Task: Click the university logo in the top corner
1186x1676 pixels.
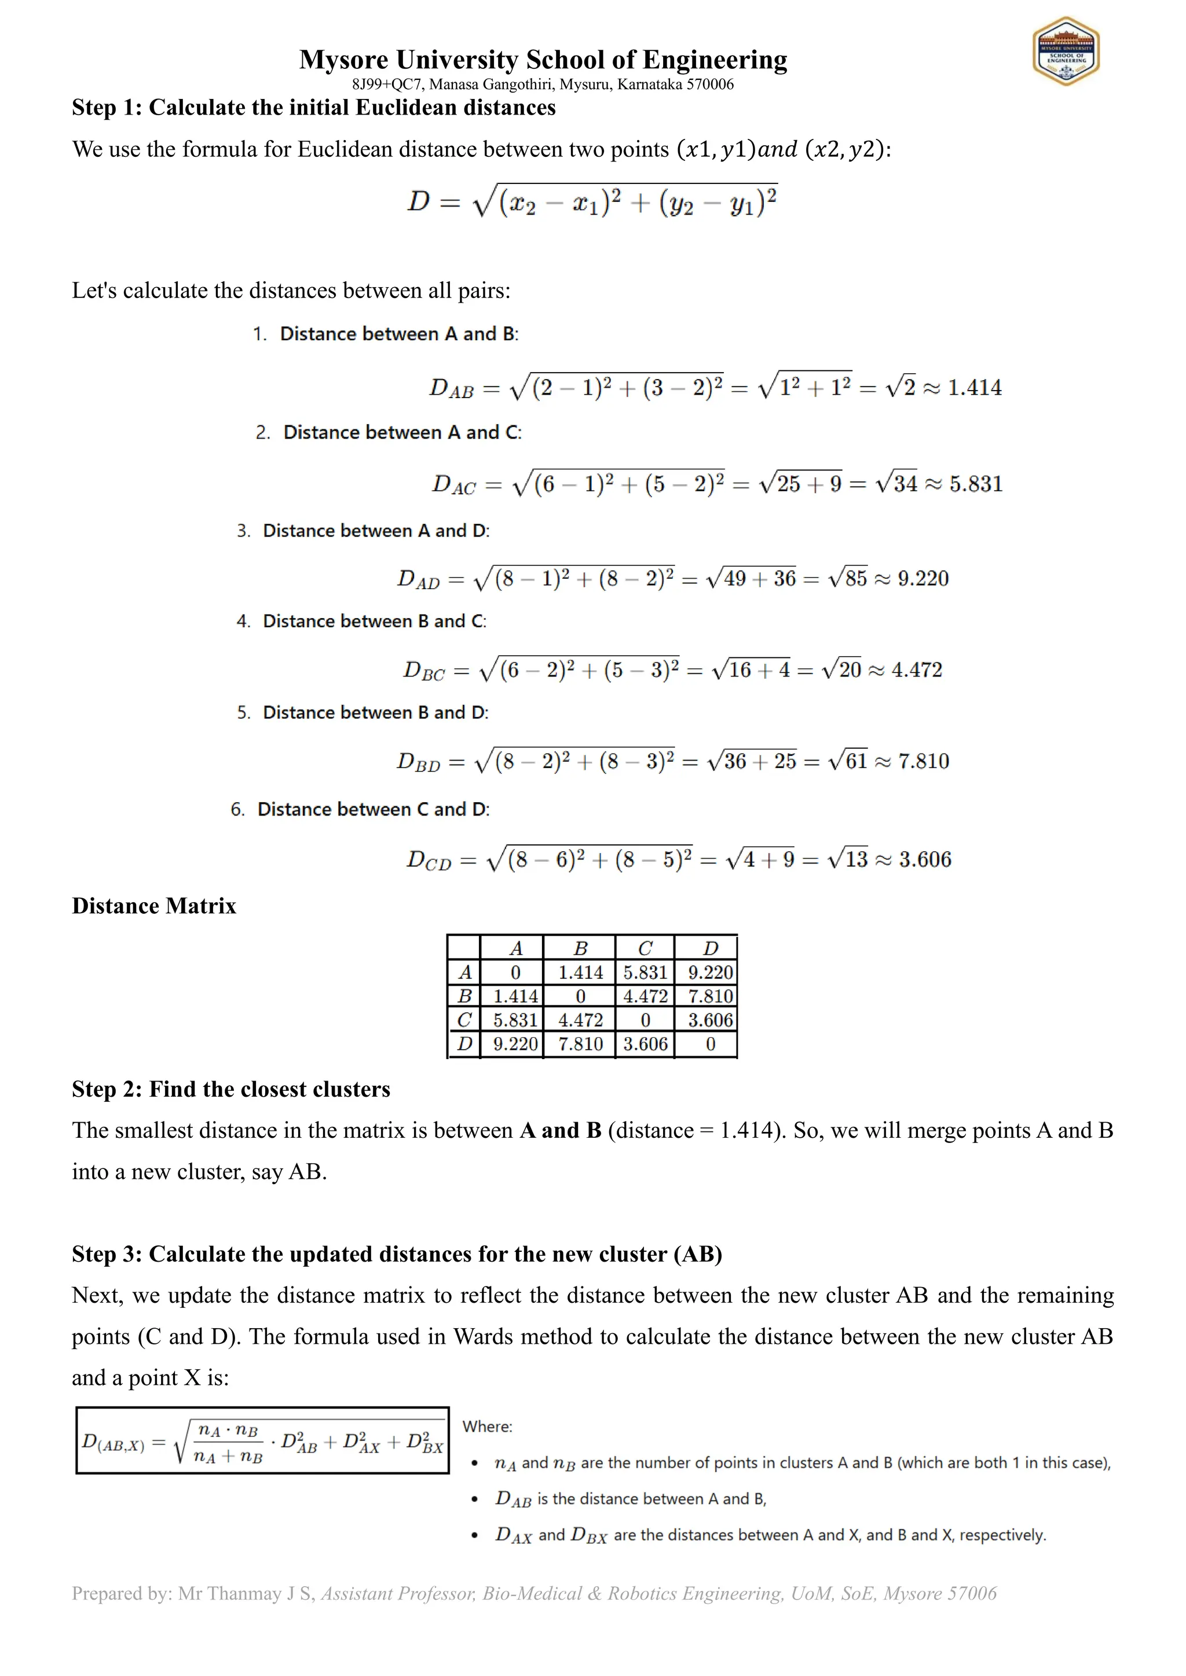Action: click(1066, 51)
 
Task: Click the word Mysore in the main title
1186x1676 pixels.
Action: click(343, 60)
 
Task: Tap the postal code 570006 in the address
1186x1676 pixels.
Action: click(710, 84)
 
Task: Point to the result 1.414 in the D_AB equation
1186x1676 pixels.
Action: click(974, 388)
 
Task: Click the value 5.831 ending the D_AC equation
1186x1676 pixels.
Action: click(976, 484)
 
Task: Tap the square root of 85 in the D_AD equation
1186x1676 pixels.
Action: click(848, 579)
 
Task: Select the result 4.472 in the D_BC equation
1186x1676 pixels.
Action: click(917, 670)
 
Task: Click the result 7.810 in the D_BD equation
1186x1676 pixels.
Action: click(923, 762)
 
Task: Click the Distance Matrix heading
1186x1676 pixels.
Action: click(154, 906)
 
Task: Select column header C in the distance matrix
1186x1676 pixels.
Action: click(645, 948)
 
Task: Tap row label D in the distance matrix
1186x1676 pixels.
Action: click(464, 1044)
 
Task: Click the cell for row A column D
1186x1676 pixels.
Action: click(710, 972)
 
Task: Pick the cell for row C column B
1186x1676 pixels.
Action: click(581, 1020)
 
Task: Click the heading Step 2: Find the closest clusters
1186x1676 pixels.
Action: click(231, 1089)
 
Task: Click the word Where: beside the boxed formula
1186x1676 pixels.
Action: click(487, 1427)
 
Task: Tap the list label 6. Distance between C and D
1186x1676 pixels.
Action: click(360, 810)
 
